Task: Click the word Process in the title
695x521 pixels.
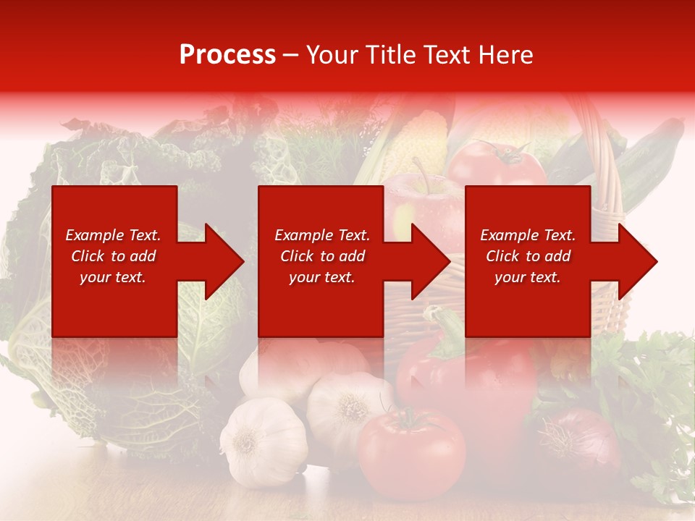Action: [x=227, y=55]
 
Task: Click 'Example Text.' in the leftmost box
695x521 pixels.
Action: [x=113, y=235]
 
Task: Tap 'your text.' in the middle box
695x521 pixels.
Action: [x=321, y=277]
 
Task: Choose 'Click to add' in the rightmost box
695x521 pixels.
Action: [x=528, y=256]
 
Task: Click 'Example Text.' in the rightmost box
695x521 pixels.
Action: [x=528, y=235]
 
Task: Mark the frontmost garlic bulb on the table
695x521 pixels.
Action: [x=263, y=441]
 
